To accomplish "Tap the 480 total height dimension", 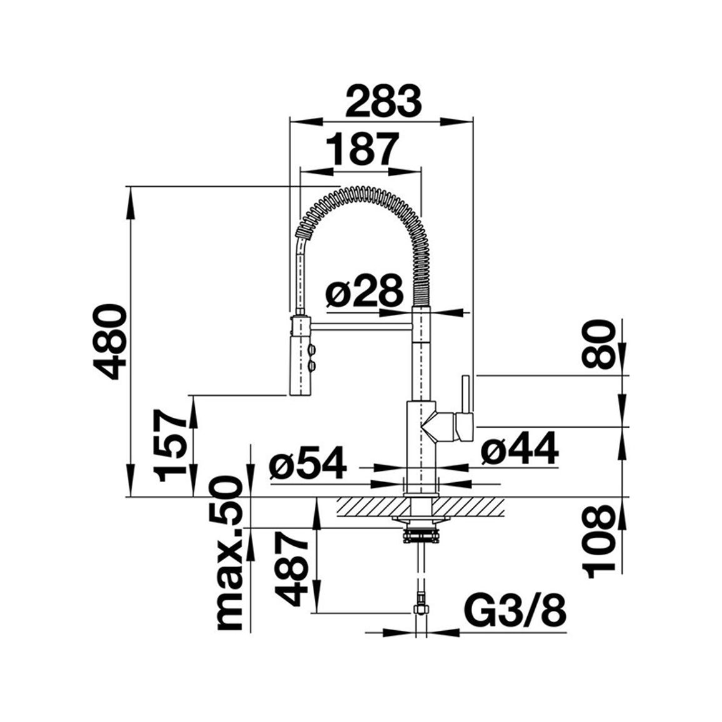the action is pyautogui.click(x=109, y=341).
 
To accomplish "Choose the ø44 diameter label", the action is pyautogui.click(x=520, y=448).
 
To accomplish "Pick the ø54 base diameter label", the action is pyautogui.click(x=307, y=463).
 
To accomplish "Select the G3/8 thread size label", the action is pyautogui.click(x=517, y=611).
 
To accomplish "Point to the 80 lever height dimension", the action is pyautogui.click(x=598, y=344).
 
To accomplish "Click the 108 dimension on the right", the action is pyautogui.click(x=598, y=541).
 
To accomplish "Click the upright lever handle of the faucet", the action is pyautogui.click(x=465, y=393).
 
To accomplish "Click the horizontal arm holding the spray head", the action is pyautogui.click(x=361, y=327).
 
